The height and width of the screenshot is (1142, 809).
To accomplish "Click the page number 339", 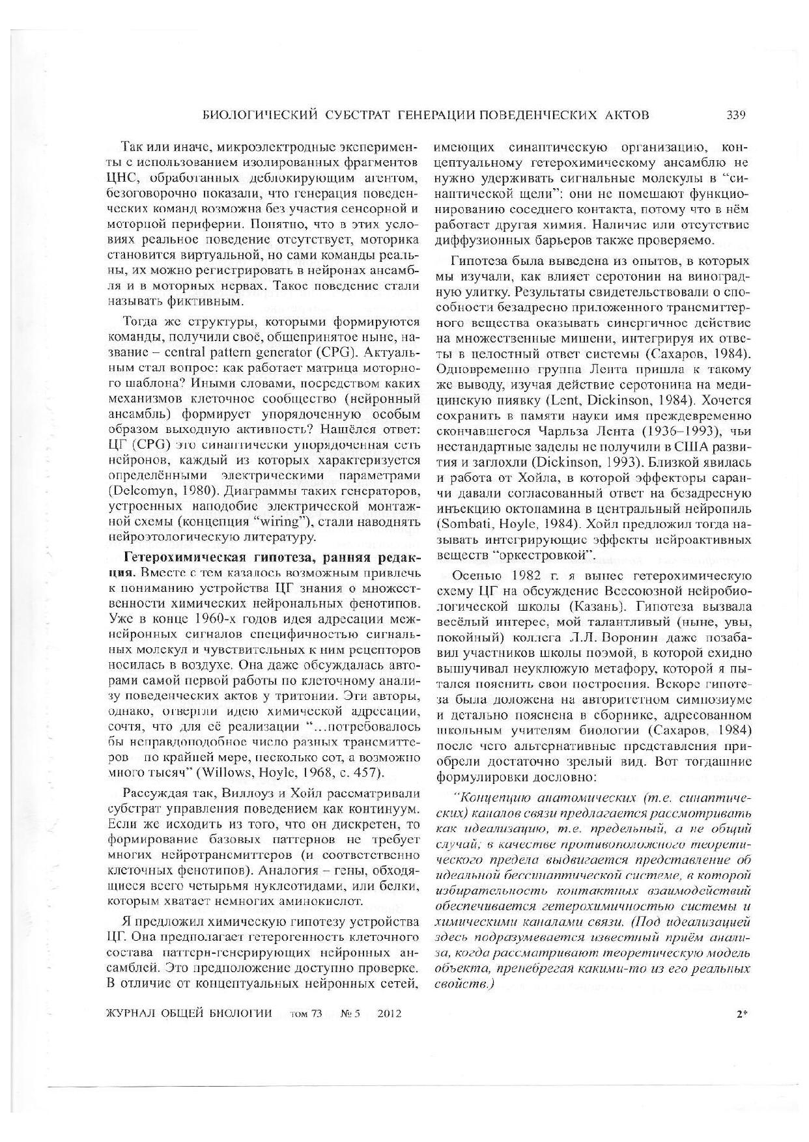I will click(x=735, y=115).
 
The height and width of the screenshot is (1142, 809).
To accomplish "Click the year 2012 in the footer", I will click(x=388, y=1014).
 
